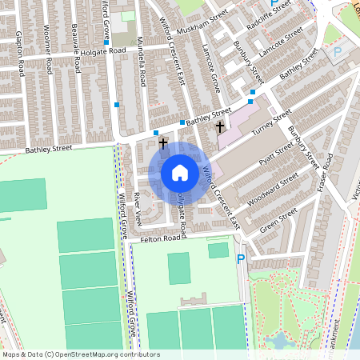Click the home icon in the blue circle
click(179, 172)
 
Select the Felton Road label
click(160, 238)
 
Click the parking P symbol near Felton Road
click(241, 258)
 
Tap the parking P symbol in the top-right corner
click(337, 51)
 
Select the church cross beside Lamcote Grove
click(220, 126)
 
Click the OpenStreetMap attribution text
click(80, 354)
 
